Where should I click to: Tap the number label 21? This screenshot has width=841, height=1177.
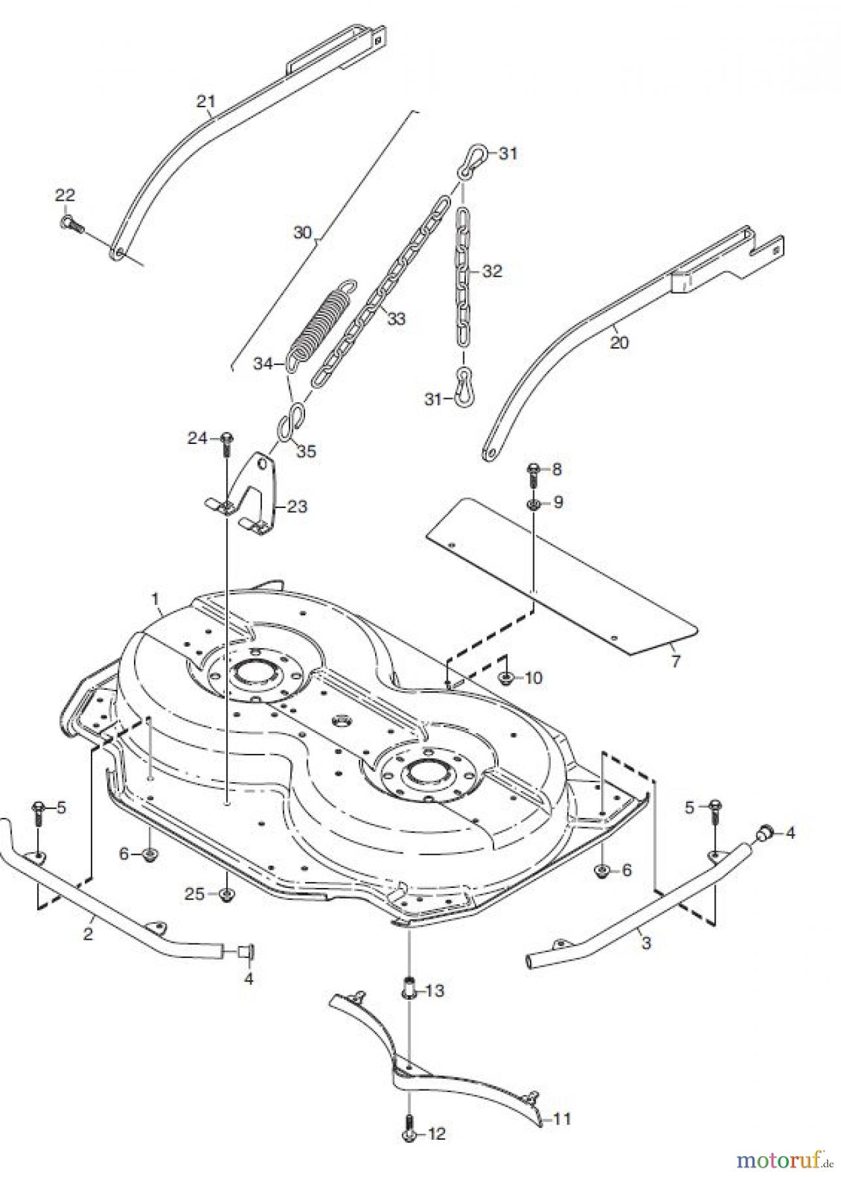[x=206, y=101]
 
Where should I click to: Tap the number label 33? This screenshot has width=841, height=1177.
[x=396, y=318]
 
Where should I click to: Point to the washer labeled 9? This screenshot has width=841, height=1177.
[x=532, y=504]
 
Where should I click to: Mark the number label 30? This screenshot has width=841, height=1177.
[x=303, y=232]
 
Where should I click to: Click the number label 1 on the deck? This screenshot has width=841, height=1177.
[x=155, y=598]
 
